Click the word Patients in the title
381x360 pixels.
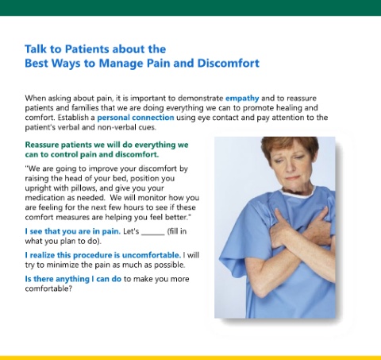click(x=87, y=49)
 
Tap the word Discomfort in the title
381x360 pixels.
click(x=229, y=63)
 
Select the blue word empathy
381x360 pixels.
click(x=242, y=99)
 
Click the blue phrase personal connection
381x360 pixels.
click(x=136, y=118)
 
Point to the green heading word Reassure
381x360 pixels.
click(x=41, y=145)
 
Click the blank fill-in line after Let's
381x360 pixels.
click(x=153, y=234)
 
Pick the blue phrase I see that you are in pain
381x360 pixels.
click(x=73, y=231)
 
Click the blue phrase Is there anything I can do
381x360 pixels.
click(x=73, y=279)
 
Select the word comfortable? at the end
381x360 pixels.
click(x=48, y=288)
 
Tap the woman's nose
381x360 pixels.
click(x=290, y=167)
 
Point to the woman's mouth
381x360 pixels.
click(x=292, y=178)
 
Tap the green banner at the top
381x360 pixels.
click(x=190, y=8)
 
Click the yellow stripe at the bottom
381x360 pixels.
click(x=190, y=358)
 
